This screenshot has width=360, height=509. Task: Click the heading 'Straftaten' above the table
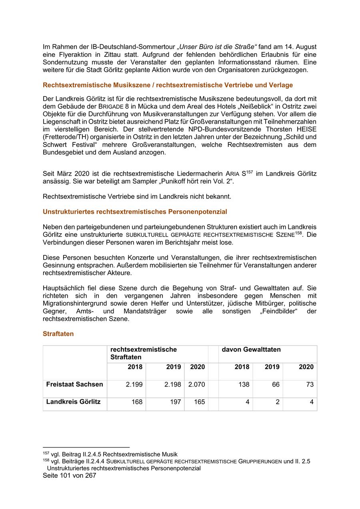(x=58, y=334)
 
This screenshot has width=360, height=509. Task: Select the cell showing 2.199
(x=134, y=385)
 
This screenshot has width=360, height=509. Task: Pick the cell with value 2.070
(x=196, y=385)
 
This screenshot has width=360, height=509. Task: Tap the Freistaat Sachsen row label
(x=74, y=385)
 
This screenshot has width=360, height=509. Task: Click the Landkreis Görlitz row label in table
(x=73, y=402)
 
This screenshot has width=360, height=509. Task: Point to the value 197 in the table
(x=175, y=402)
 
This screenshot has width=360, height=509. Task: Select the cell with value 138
(x=243, y=385)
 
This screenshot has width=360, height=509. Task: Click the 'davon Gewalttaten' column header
(x=251, y=350)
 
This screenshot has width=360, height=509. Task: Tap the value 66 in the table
(x=275, y=385)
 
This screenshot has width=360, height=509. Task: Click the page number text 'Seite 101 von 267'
(x=69, y=476)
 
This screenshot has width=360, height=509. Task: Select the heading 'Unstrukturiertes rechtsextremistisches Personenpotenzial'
(x=135, y=212)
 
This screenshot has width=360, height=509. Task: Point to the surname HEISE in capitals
(x=306, y=129)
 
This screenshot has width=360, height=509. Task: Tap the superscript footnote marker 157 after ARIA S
(x=250, y=172)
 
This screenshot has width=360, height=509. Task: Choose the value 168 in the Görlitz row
(x=137, y=402)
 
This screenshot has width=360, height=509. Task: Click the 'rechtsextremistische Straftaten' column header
(x=143, y=353)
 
